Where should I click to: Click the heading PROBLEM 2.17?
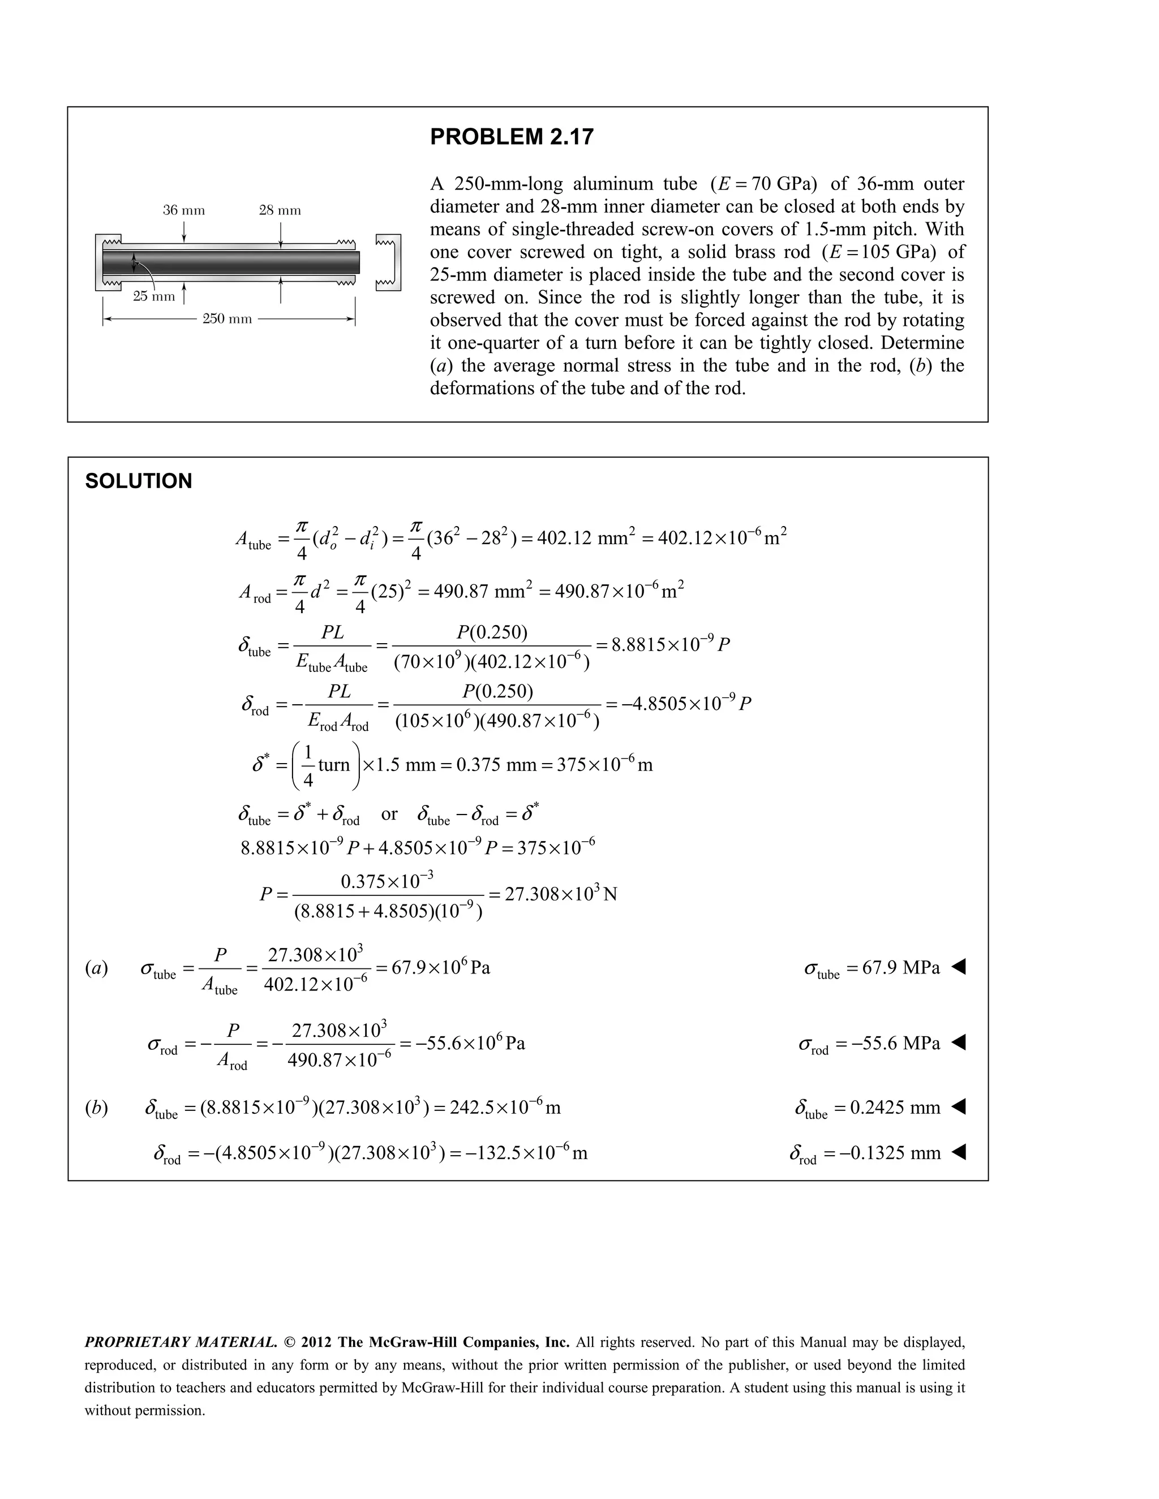pyautogui.click(x=512, y=137)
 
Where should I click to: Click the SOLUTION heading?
pyautogui.click(x=139, y=481)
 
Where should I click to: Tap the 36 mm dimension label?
pyautogui.click(x=183, y=210)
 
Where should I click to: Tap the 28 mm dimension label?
pyautogui.click(x=280, y=210)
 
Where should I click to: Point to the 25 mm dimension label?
pyautogui.click(x=154, y=296)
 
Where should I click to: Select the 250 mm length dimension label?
pyautogui.click(x=227, y=319)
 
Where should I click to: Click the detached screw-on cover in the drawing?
pyautogui.click(x=389, y=262)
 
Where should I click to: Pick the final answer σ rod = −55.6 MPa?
pyautogui.click(x=869, y=1044)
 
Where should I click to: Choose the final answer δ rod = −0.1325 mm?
pyautogui.click(x=865, y=1153)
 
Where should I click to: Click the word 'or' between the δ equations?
pyautogui.click(x=389, y=814)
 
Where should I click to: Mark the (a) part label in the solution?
pyautogui.click(x=96, y=968)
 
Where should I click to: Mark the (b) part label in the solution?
pyautogui.click(x=96, y=1108)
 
